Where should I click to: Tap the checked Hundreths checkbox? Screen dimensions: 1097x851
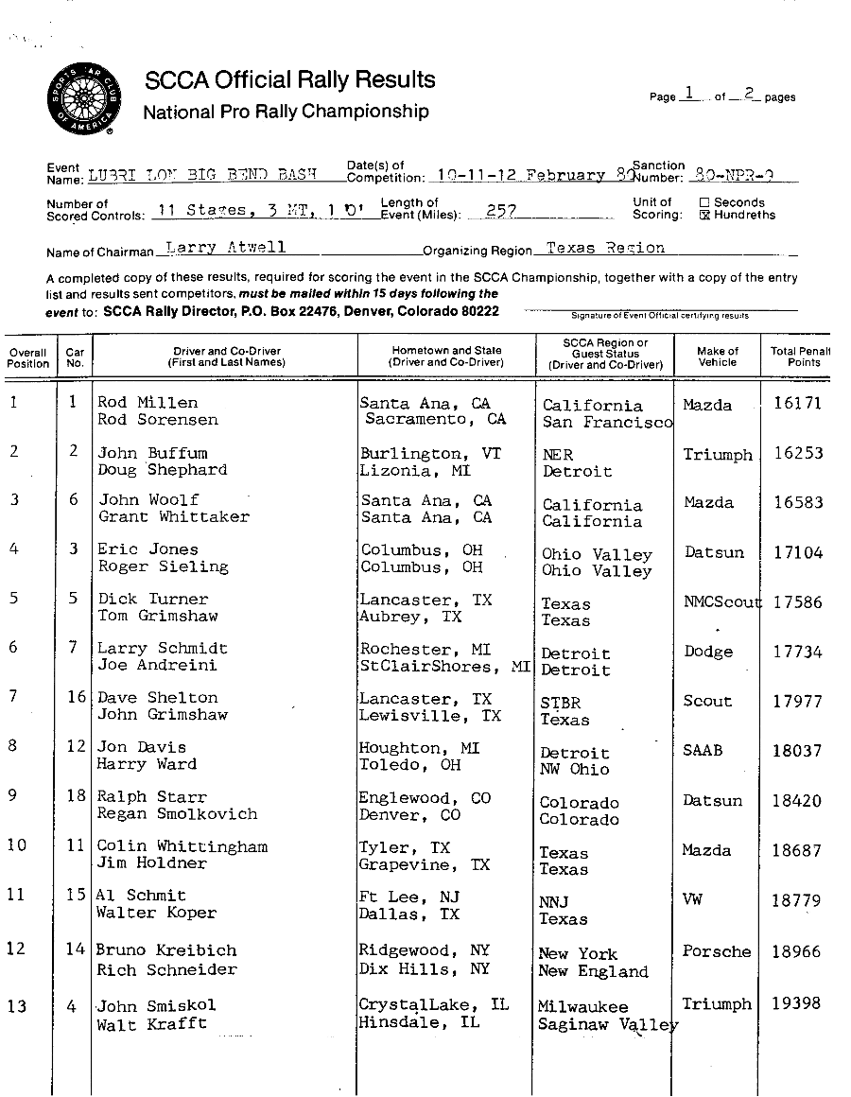703,215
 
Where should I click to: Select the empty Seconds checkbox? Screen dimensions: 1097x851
703,201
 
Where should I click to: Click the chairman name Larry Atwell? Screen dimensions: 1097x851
225,248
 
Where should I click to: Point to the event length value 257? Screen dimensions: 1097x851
499,213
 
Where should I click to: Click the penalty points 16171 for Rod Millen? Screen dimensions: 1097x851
797,403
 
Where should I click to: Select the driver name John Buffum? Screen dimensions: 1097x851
152,453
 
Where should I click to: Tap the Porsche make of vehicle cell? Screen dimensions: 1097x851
717,951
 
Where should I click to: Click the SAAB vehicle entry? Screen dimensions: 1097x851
703,750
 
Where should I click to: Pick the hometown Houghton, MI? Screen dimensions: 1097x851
419,748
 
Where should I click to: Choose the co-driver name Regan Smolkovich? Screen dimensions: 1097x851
177,814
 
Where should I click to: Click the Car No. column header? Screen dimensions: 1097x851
75,357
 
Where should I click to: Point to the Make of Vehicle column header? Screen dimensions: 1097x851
717,357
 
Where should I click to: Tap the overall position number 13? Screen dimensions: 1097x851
17,1005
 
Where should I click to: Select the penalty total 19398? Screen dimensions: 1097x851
796,1003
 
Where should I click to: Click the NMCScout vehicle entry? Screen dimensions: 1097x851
722,602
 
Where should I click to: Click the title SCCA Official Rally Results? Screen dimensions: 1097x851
289,80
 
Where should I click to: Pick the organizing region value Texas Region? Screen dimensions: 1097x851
605,248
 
